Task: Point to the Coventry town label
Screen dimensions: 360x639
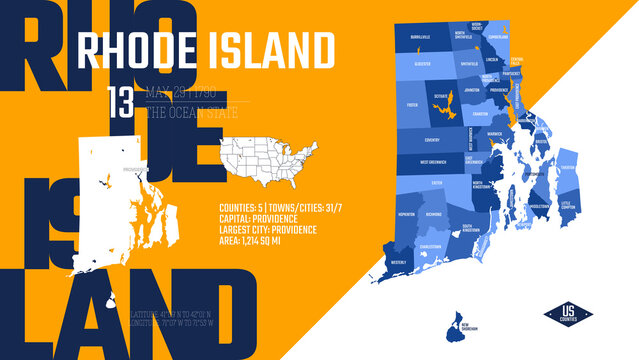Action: pyautogui.click(x=431, y=140)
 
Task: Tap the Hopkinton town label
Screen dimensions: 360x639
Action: pyautogui.click(x=406, y=215)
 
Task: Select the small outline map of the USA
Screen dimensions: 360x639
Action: pyautogui.click(x=269, y=151)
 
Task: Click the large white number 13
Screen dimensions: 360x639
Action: pyautogui.click(x=120, y=102)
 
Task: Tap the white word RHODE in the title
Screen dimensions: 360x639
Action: pyautogui.click(x=138, y=47)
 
